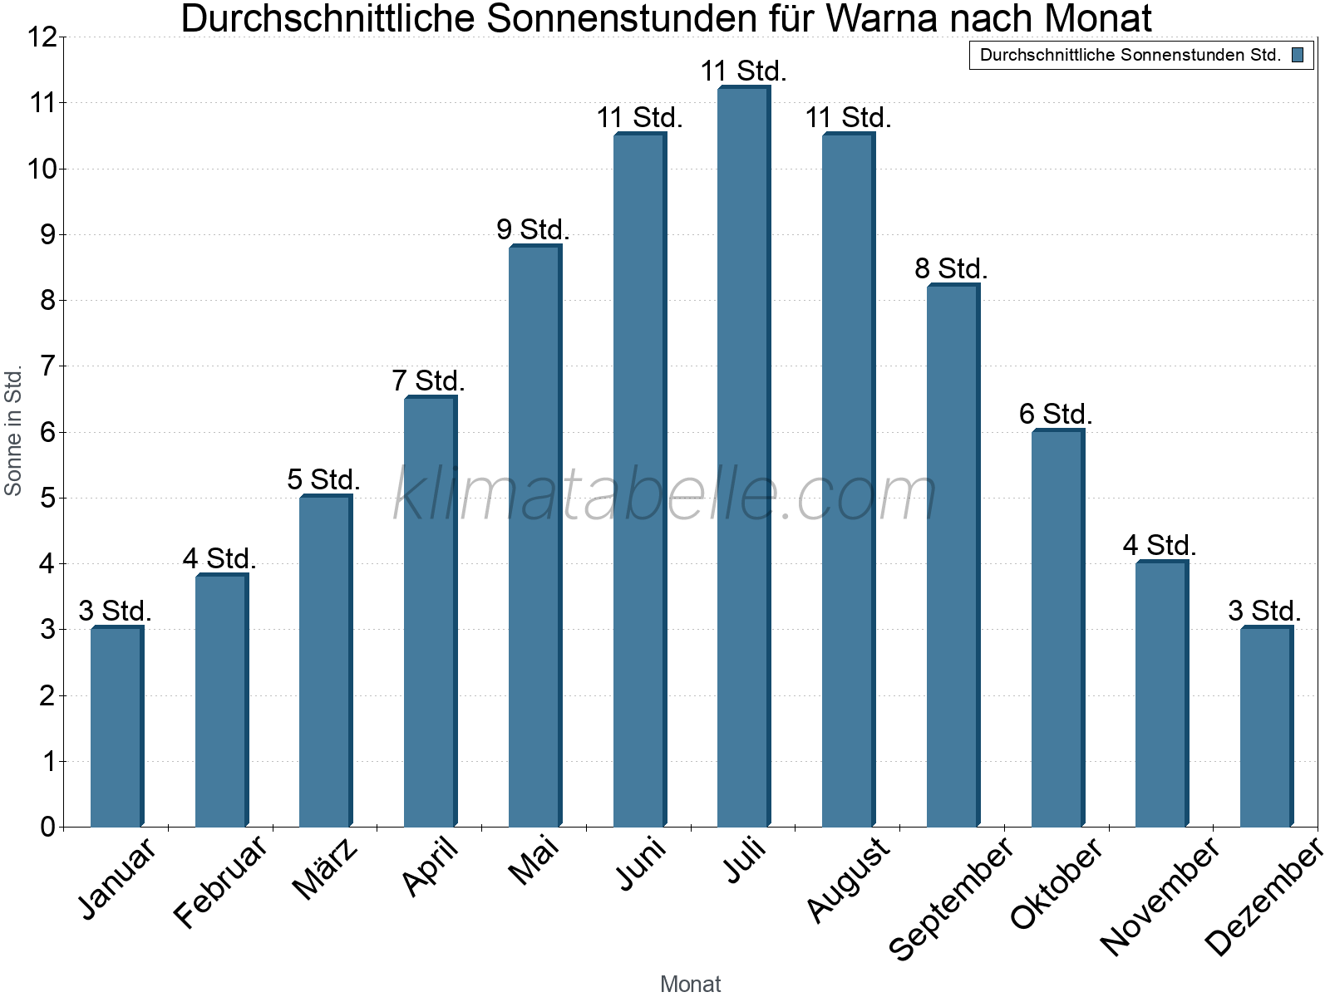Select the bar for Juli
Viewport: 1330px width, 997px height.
[744, 457]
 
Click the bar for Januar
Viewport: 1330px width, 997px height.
[117, 727]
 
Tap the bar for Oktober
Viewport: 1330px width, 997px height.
[1057, 628]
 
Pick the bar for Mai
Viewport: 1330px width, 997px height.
[534, 536]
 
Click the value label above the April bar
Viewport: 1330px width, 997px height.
[428, 381]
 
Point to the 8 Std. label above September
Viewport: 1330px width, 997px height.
[951, 269]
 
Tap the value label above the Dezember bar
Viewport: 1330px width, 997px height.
[1264, 611]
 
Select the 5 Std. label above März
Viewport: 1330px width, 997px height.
[323, 480]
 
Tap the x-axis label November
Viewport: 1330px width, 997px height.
[1160, 896]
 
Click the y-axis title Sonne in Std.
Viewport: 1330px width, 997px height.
[13, 431]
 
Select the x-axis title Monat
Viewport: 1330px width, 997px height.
[690, 984]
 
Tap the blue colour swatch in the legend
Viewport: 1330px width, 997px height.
[1298, 56]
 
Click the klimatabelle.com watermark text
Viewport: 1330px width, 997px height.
[665, 495]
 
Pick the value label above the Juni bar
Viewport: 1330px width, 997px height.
[639, 118]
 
